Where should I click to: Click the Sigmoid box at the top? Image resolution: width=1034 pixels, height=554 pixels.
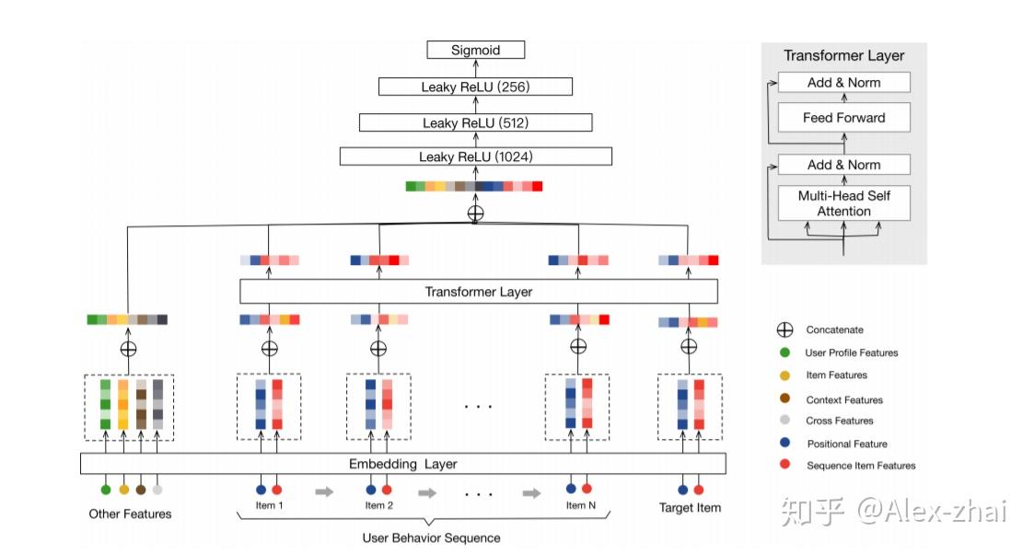pyautogui.click(x=475, y=50)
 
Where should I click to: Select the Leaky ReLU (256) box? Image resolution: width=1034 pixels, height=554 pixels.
pyautogui.click(x=475, y=87)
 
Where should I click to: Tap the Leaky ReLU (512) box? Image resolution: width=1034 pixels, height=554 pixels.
pyautogui.click(x=475, y=122)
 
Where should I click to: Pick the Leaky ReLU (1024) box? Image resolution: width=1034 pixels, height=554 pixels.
pyautogui.click(x=475, y=156)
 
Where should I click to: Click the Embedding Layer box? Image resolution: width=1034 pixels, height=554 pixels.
pyautogui.click(x=403, y=464)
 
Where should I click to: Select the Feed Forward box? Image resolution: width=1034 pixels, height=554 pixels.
pyautogui.click(x=844, y=117)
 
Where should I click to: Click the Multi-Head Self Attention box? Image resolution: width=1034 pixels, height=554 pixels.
pyautogui.click(x=844, y=203)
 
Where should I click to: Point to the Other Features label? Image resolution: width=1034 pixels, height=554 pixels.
pyautogui.click(x=130, y=514)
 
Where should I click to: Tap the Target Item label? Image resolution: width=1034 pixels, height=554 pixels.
pyautogui.click(x=690, y=508)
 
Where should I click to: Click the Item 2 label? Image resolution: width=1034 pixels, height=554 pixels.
pyautogui.click(x=378, y=505)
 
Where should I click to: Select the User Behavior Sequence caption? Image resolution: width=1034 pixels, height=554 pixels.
pyautogui.click(x=431, y=538)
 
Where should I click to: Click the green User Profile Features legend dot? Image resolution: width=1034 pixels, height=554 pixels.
pyautogui.click(x=784, y=352)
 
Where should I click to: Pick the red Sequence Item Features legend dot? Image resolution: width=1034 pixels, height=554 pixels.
pyautogui.click(x=784, y=465)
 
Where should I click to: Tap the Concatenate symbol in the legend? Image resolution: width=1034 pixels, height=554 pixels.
pyautogui.click(x=784, y=330)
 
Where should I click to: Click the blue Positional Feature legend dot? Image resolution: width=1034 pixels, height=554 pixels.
pyautogui.click(x=784, y=443)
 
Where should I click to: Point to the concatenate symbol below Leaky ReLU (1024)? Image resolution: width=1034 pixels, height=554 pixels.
pyautogui.click(x=475, y=213)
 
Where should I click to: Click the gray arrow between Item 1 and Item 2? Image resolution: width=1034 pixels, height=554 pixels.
pyautogui.click(x=324, y=491)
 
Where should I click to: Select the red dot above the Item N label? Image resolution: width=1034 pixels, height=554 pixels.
pyautogui.click(x=587, y=488)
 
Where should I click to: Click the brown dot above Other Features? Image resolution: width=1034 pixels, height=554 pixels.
pyautogui.click(x=141, y=490)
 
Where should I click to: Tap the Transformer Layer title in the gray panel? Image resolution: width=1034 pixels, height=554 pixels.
pyautogui.click(x=844, y=56)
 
